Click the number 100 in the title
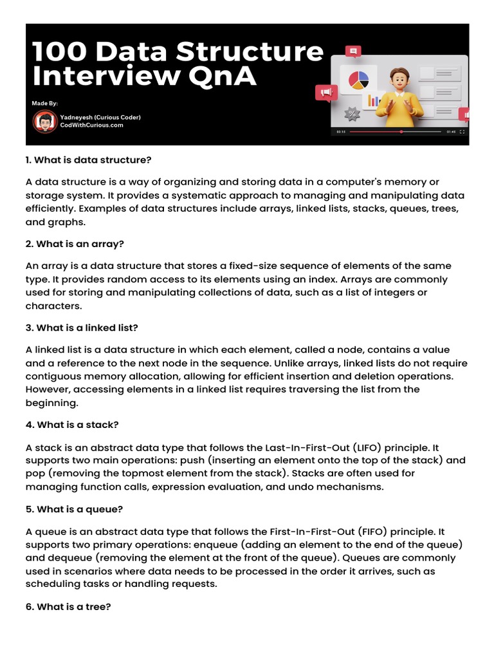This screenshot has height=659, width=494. click(60, 51)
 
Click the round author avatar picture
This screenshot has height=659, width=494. click(44, 121)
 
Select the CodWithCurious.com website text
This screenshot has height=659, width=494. click(91, 125)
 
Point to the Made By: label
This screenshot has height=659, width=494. click(45, 103)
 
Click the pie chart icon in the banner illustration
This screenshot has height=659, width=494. click(358, 80)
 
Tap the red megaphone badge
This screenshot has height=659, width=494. click(326, 95)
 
